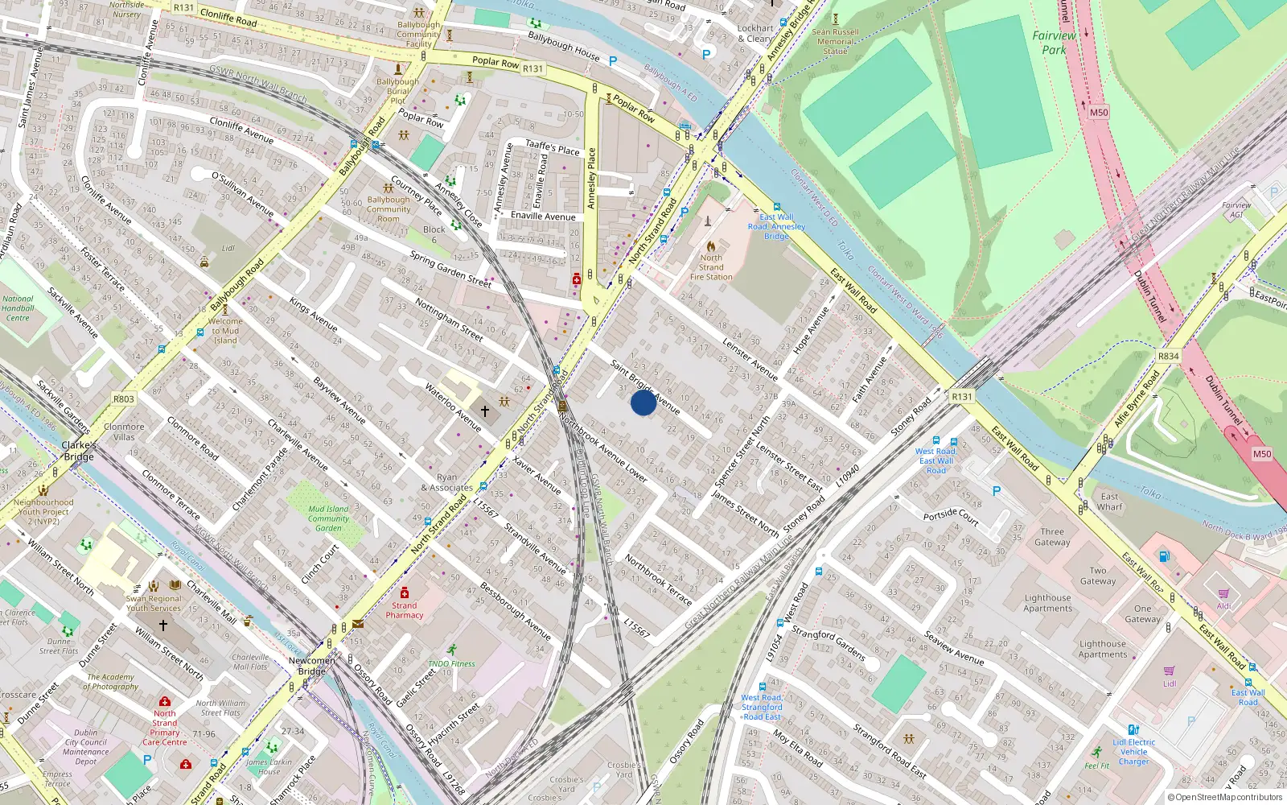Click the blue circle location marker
643,402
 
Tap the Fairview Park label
1054,43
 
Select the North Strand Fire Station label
711,267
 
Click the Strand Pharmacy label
404,610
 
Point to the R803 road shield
124,398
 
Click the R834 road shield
1168,356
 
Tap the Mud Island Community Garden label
328,518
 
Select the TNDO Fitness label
451,663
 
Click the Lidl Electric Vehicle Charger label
1134,752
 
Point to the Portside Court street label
951,517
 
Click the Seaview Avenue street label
954,647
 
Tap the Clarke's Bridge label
79,451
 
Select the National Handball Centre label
18,308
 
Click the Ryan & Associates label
446,482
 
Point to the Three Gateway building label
1052,537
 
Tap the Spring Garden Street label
450,269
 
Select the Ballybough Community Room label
389,209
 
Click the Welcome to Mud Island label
225,330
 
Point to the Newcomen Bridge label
311,666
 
